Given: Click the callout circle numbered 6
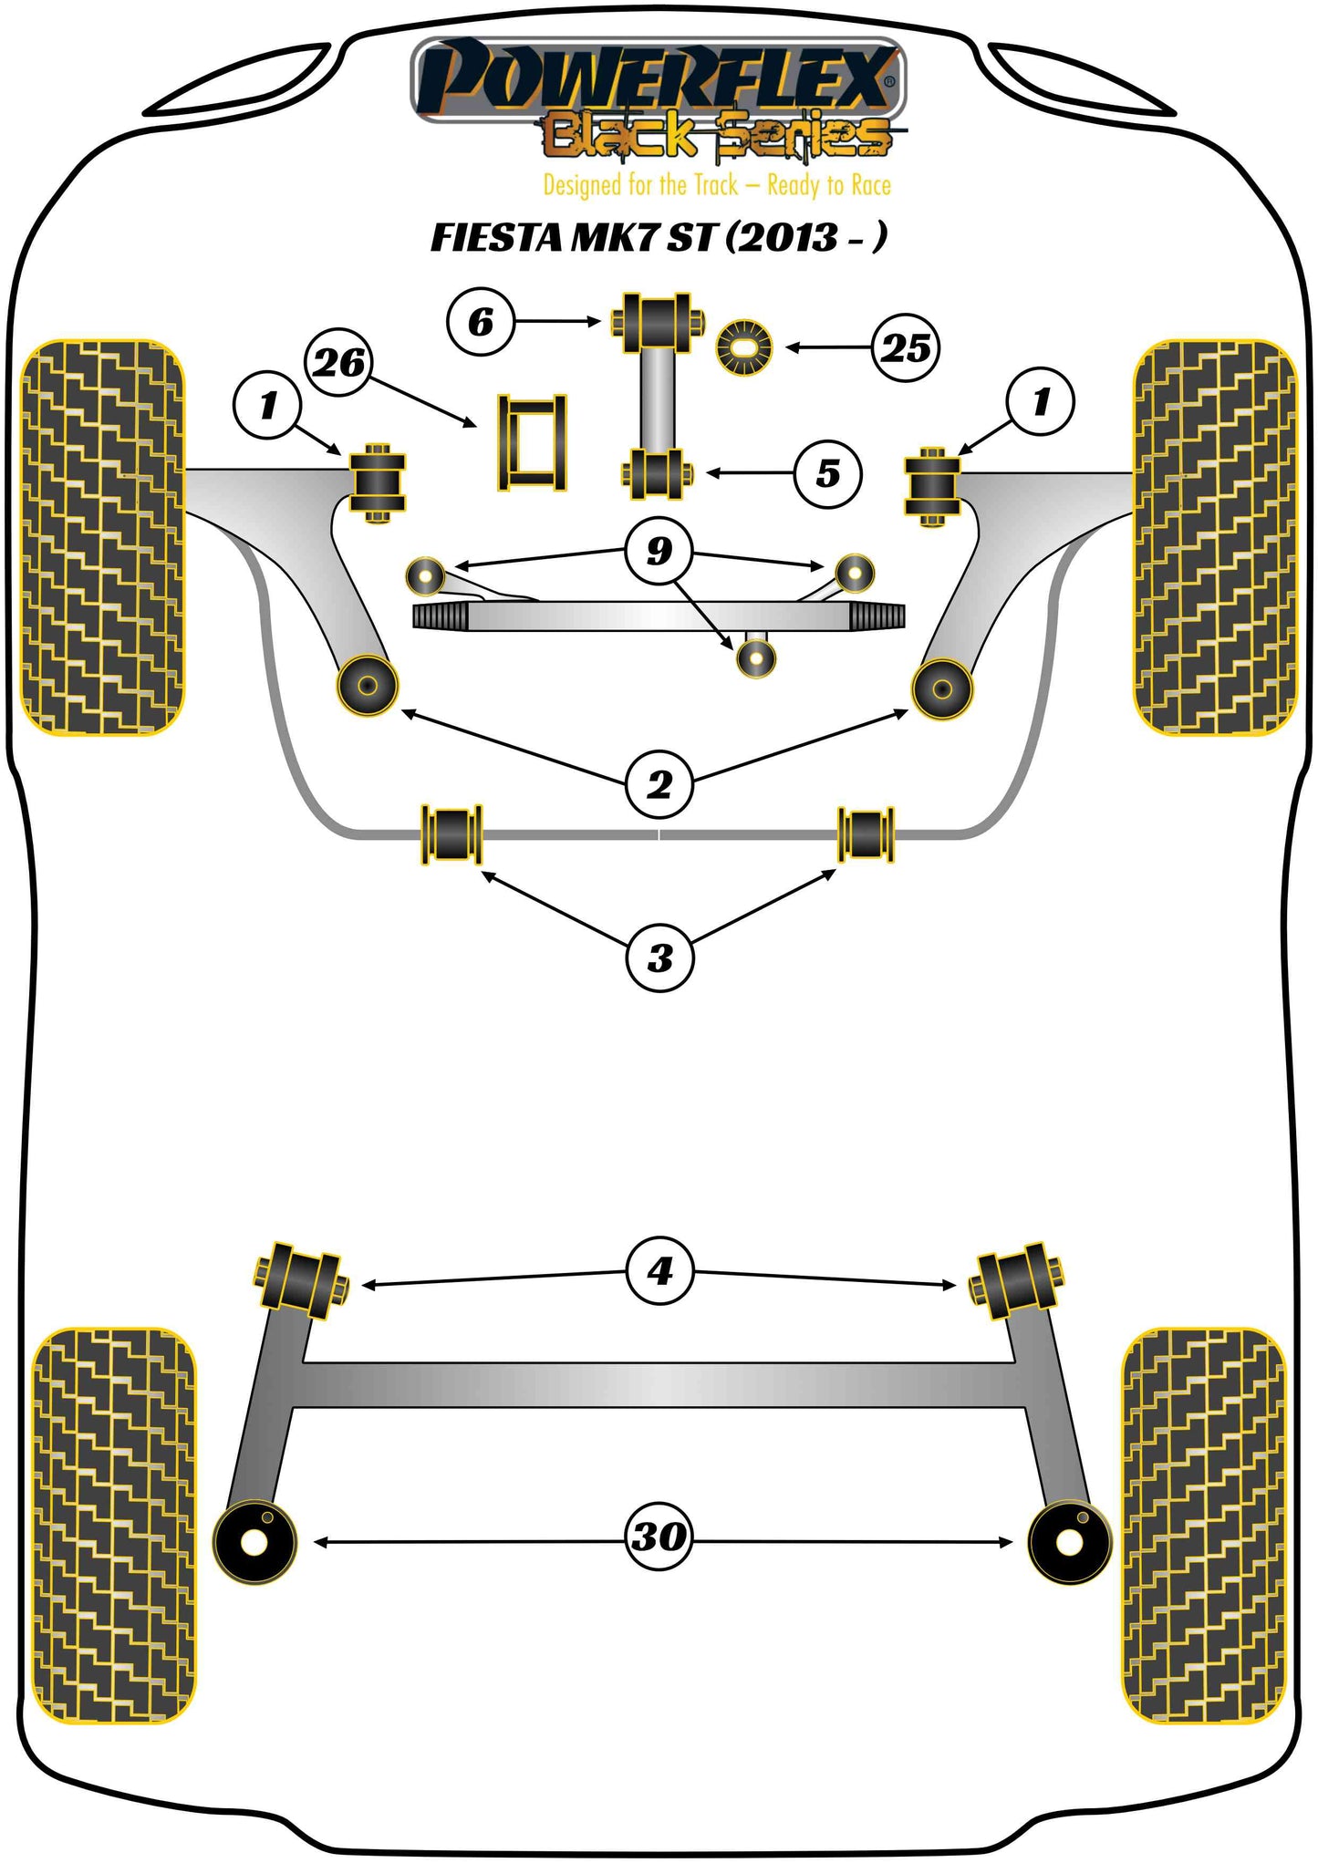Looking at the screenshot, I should pos(481,321).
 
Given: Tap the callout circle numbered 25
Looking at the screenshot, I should pos(906,347).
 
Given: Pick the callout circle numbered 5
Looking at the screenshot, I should pos(827,473).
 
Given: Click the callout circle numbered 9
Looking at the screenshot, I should pos(659,550).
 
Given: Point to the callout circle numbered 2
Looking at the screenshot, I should pos(659,784).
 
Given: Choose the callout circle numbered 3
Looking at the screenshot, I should pos(659,957).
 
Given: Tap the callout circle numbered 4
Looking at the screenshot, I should pos(659,1270).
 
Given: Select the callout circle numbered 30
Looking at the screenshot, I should pos(658,1537).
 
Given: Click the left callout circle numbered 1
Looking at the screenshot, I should pos(267,405).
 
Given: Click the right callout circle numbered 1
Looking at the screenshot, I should pos(1040,401).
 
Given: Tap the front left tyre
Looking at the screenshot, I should pos(102,538).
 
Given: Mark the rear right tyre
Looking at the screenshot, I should pos(1202,1525).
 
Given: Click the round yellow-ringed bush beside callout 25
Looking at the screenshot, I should pos(744,347).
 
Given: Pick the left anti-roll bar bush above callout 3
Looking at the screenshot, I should pos(451,833).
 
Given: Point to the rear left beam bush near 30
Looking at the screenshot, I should pos(254,1541).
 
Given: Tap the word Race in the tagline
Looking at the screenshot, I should pos(870,186).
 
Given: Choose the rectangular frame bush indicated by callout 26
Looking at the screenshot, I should pos(532,443).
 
